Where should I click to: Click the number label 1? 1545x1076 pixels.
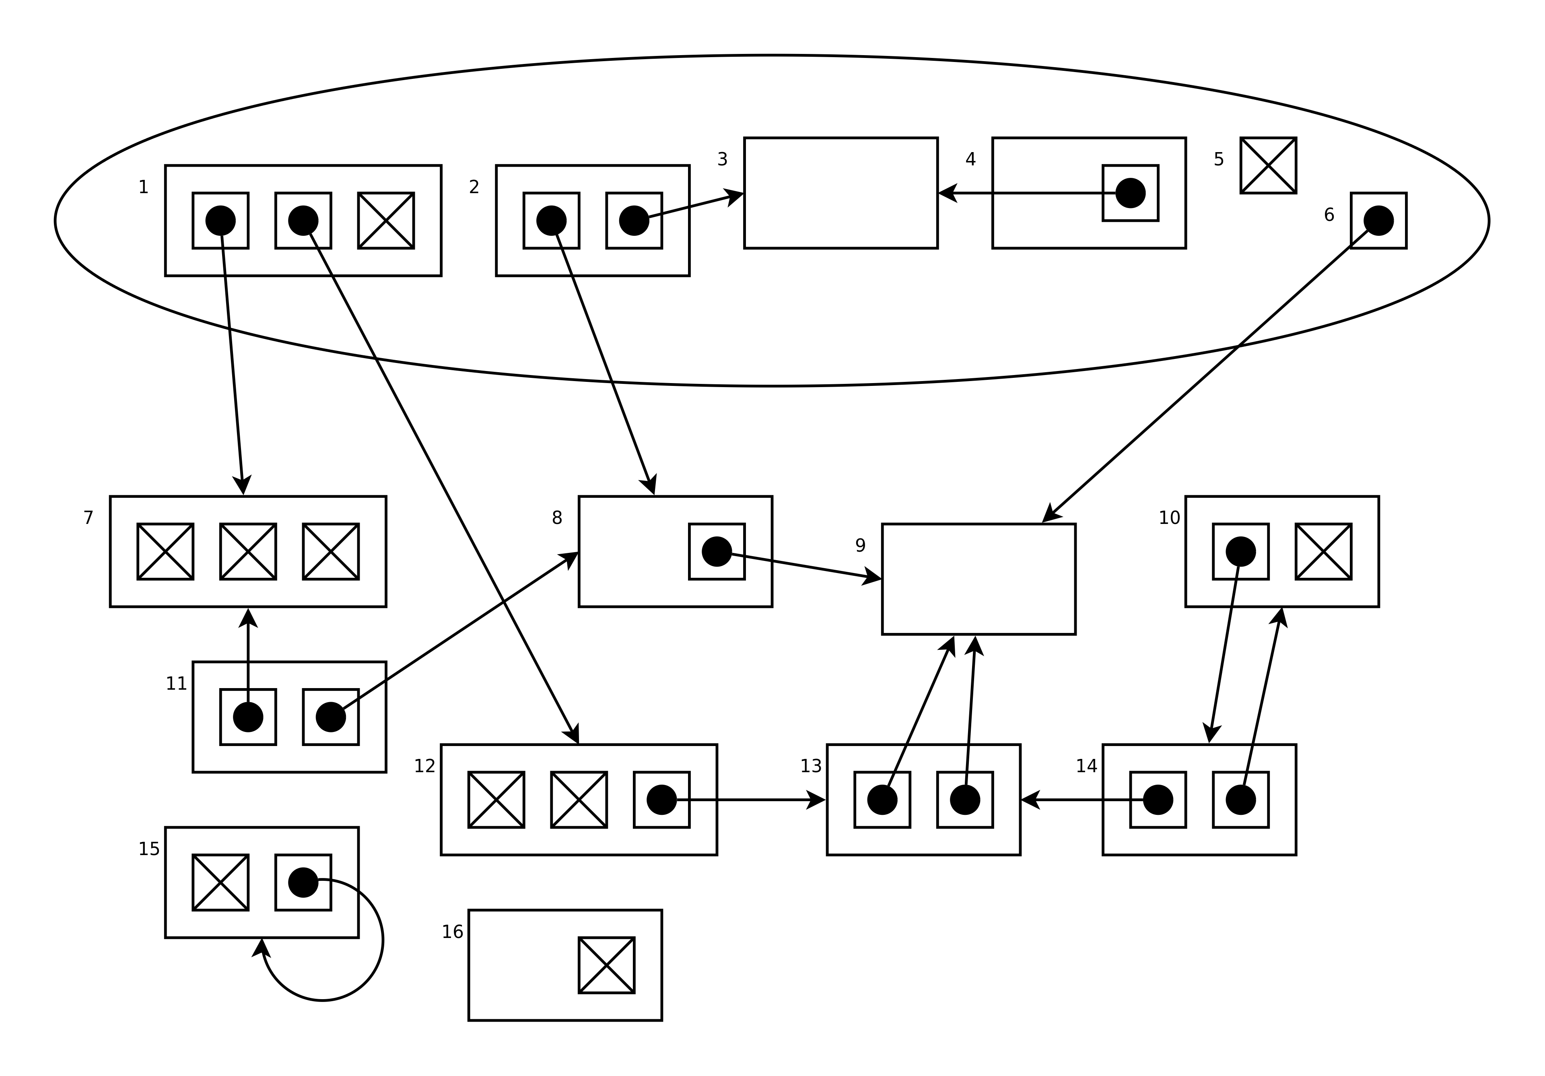click(x=143, y=187)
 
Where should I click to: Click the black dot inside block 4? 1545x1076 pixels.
click(x=1131, y=193)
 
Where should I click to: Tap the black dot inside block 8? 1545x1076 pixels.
click(x=717, y=551)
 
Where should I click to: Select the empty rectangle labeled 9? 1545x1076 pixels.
click(x=978, y=579)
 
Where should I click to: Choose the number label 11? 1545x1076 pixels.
click(x=176, y=684)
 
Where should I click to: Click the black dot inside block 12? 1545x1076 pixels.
click(x=661, y=800)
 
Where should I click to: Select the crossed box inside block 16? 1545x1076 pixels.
click(x=606, y=965)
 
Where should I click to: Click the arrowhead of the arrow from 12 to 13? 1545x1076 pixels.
click(x=816, y=800)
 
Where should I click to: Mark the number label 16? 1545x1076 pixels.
click(x=452, y=932)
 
